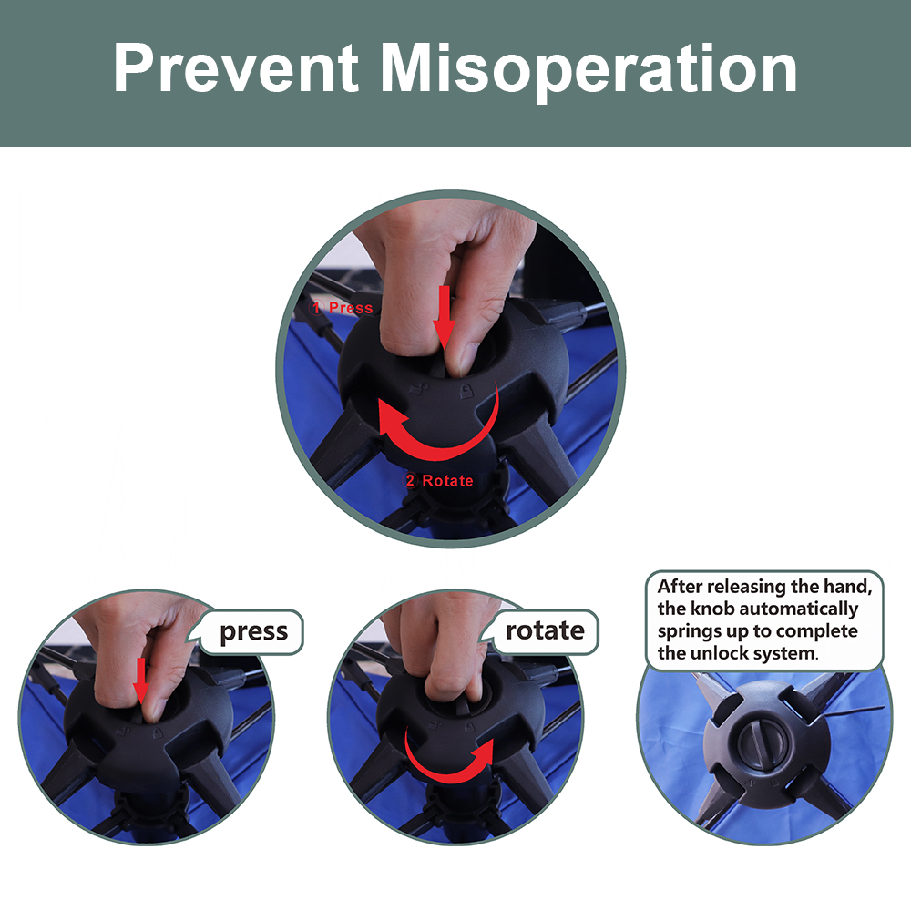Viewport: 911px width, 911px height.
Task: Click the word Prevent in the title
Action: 236,68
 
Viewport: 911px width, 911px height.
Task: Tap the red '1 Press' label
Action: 341,307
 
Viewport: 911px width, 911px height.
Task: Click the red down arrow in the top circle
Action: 445,317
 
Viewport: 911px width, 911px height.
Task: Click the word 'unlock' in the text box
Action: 712,653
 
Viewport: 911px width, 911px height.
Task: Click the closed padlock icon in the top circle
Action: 466,391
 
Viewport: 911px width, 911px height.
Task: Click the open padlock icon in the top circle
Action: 418,388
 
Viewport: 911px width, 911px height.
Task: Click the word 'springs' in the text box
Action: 685,631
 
